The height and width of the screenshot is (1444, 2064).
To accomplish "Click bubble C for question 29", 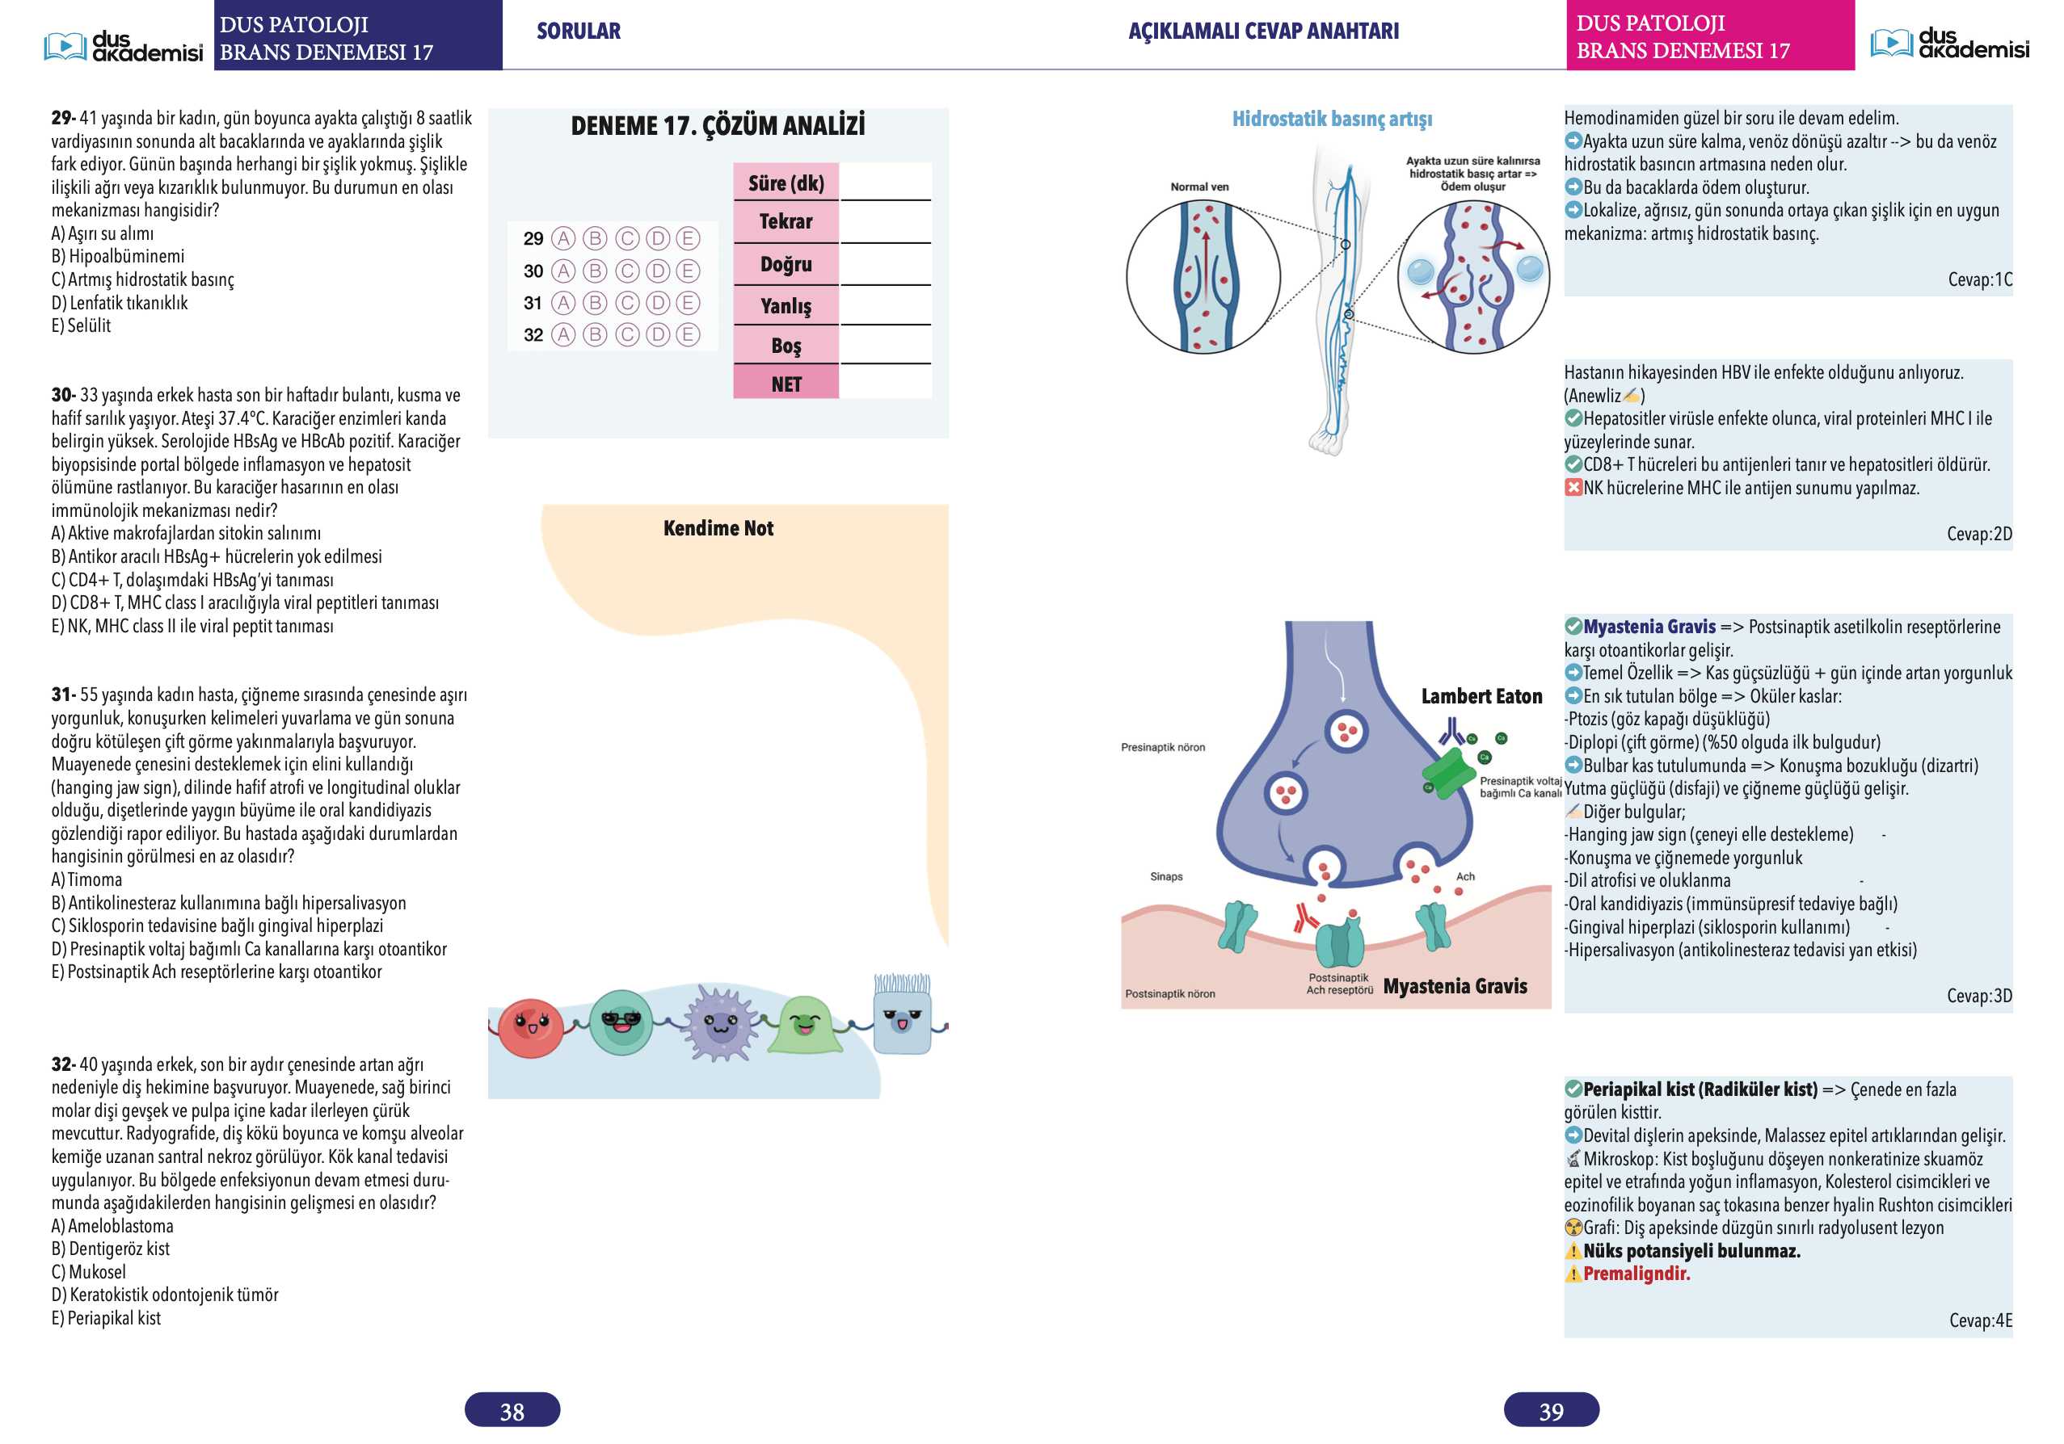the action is click(x=626, y=238).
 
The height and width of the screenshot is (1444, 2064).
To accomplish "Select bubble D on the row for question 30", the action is click(x=658, y=271).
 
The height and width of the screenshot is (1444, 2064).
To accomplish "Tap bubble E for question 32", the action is click(x=688, y=335).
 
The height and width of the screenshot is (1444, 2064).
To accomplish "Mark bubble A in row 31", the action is click(x=563, y=303).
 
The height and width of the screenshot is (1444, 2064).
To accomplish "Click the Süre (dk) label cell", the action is click(x=786, y=183).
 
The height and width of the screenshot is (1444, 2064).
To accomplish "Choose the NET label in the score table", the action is click(x=786, y=384).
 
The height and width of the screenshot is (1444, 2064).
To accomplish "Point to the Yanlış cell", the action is click(x=786, y=306).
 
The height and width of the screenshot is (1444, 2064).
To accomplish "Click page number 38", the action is click(x=512, y=1411).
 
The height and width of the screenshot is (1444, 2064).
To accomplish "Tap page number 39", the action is click(x=1552, y=1411).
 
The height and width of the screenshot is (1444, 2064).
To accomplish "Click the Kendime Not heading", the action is click(x=718, y=528).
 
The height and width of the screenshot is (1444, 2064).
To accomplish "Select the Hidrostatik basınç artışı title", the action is click(x=1333, y=119).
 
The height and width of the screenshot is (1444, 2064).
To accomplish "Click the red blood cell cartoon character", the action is click(x=530, y=1027).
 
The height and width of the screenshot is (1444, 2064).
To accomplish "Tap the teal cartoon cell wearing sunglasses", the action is click(x=621, y=1022).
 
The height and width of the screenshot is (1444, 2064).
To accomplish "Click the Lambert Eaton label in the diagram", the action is click(x=1481, y=696).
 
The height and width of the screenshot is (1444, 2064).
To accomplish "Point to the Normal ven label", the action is click(x=1199, y=187).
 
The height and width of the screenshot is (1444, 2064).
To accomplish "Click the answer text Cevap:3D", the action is click(x=1979, y=996).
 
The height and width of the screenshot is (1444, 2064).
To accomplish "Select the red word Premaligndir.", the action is click(x=1636, y=1274).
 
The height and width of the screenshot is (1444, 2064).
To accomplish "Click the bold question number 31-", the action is click(x=64, y=695).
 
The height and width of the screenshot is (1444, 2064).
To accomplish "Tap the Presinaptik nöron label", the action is click(x=1163, y=747).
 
